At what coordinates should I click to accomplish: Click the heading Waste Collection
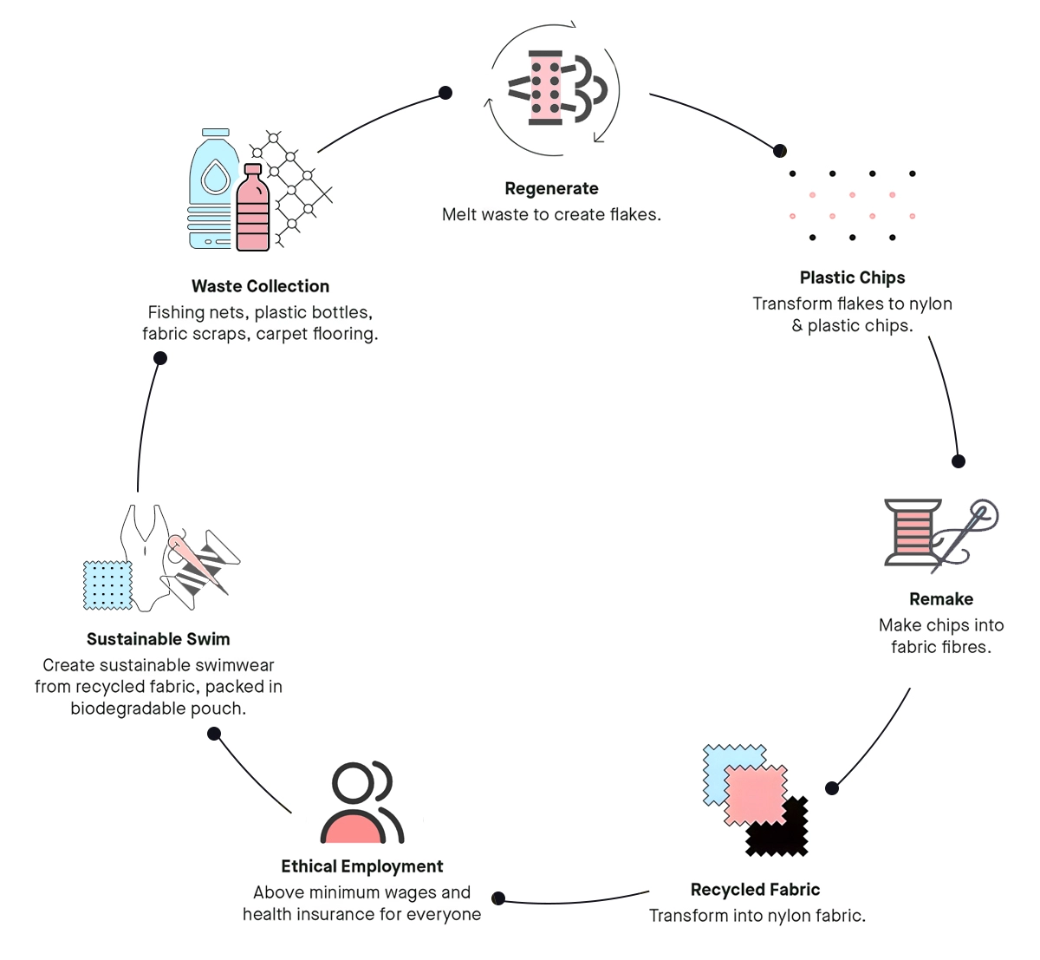click(260, 286)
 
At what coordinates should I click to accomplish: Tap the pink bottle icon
click(253, 210)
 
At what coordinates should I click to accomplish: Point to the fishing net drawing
click(295, 186)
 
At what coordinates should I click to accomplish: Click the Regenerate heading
click(551, 189)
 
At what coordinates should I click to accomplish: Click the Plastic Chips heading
click(852, 278)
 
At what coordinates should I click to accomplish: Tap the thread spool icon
click(912, 532)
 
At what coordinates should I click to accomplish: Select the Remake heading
click(940, 599)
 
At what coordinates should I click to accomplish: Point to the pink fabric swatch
click(755, 793)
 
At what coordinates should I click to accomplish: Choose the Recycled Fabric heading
click(755, 890)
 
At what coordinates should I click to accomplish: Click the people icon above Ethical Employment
click(361, 803)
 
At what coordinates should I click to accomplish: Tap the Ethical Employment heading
click(361, 866)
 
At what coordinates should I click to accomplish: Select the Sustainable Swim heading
click(159, 639)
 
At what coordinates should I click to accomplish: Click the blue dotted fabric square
click(107, 584)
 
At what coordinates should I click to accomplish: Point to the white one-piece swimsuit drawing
click(146, 555)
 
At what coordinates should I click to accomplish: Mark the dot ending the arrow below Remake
click(832, 788)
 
